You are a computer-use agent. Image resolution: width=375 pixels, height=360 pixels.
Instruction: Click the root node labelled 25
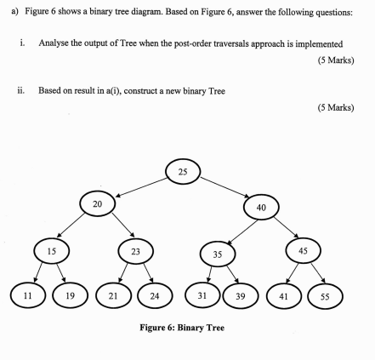[183, 172]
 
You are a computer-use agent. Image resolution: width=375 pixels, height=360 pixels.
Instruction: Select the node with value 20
[97, 204]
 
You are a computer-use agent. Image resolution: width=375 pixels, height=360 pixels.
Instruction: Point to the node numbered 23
[134, 251]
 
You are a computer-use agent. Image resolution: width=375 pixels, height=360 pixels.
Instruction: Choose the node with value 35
[217, 254]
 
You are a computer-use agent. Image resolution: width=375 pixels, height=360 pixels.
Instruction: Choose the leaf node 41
[283, 295]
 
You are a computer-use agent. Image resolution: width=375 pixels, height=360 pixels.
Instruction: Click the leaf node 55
[325, 295]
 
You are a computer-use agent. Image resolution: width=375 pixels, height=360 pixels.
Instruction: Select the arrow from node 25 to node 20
[139, 187]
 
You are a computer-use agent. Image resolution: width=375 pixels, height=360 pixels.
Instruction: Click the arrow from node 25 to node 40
[223, 189]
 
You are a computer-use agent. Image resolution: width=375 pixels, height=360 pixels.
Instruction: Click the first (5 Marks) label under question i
[334, 60]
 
